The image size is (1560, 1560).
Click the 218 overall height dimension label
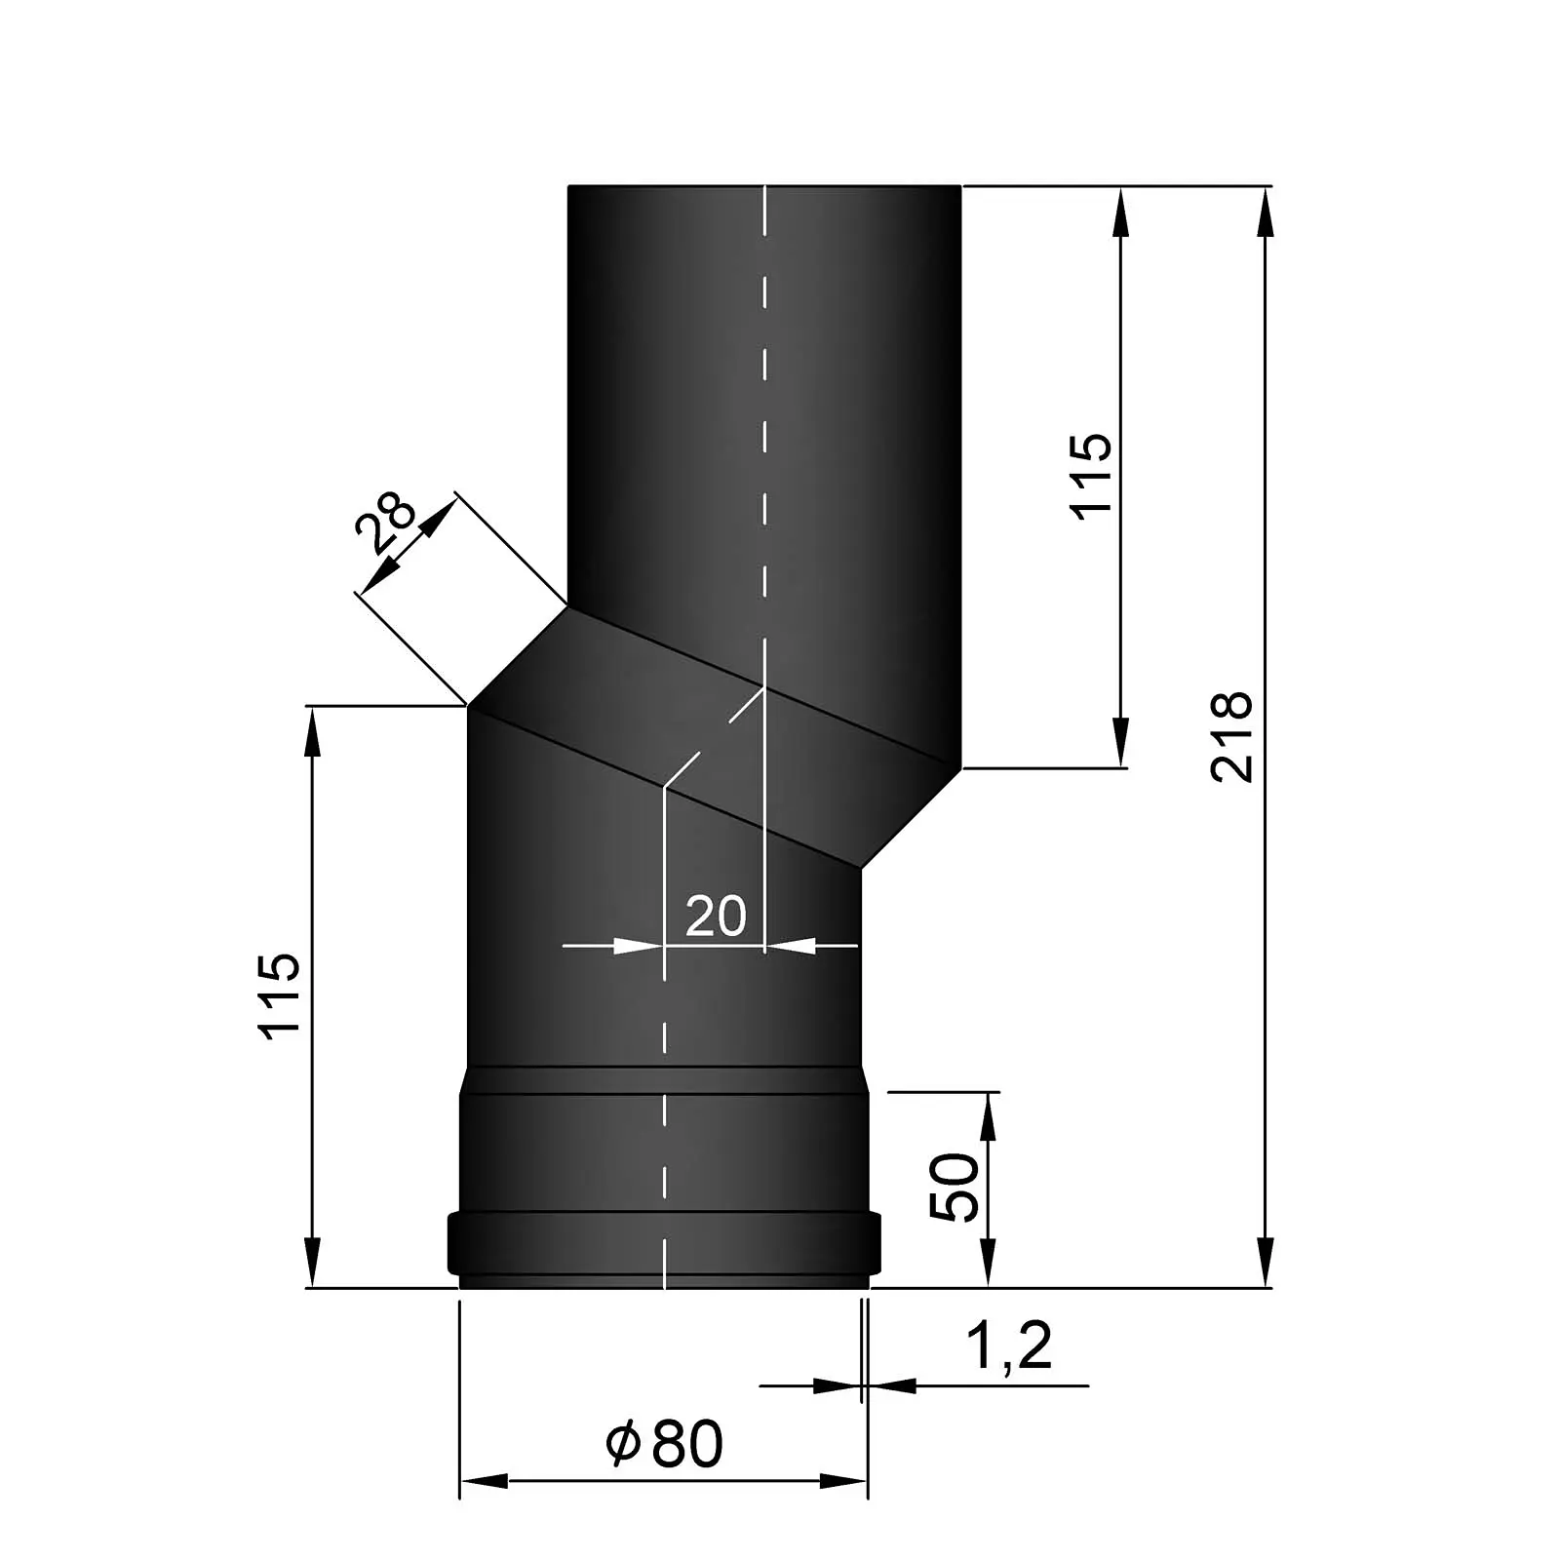point(1230,736)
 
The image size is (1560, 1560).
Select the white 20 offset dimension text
point(716,916)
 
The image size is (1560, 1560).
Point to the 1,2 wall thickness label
point(1008,1346)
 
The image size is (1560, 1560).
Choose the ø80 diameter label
point(664,1444)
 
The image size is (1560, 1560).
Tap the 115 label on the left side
point(279,995)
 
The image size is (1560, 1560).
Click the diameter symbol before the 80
point(622,1444)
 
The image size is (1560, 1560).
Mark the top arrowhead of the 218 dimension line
point(1266,211)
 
